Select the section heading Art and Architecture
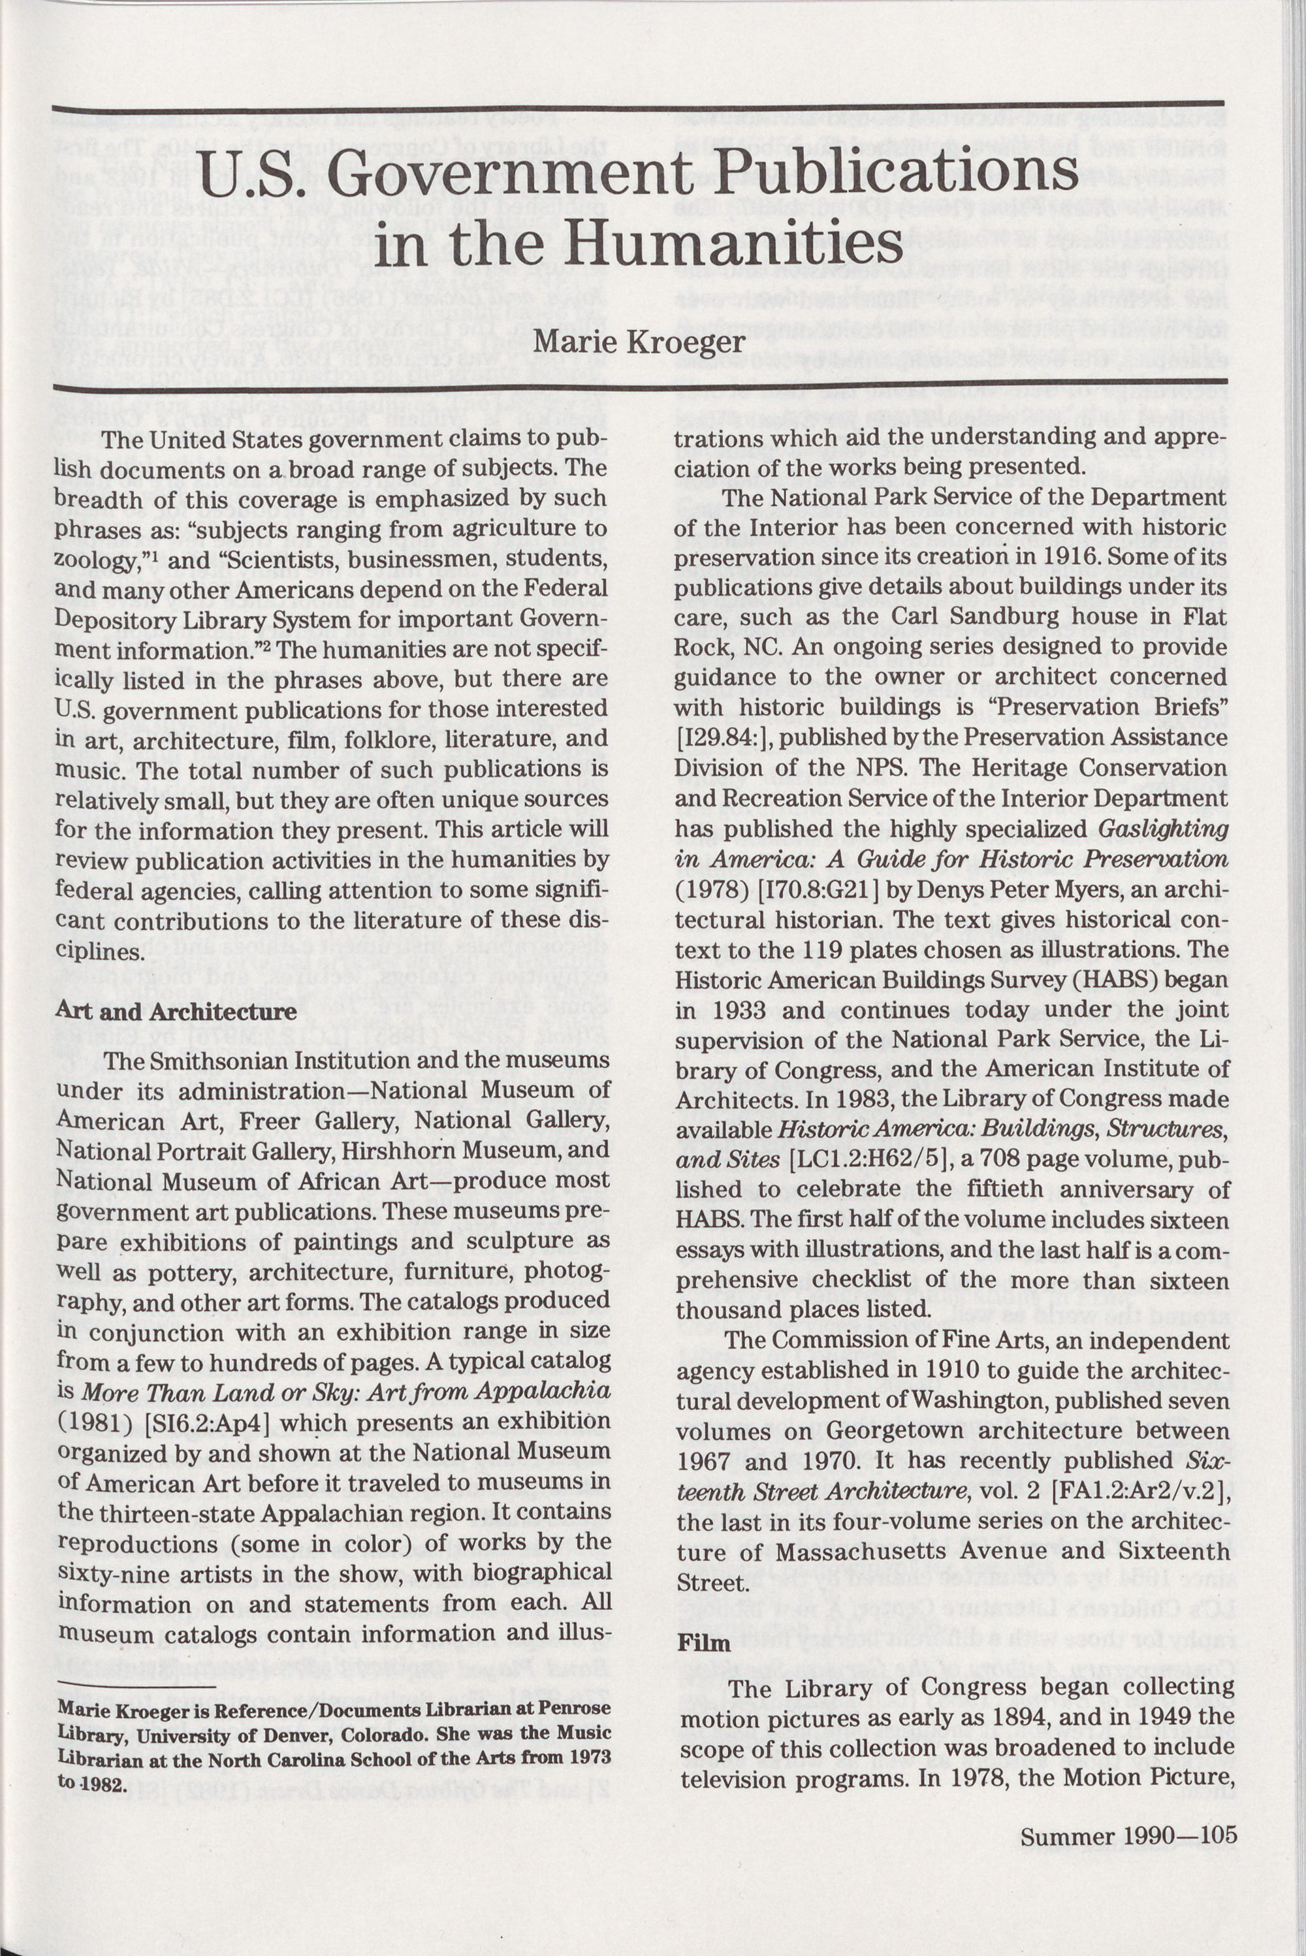pyautogui.click(x=176, y=1012)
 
